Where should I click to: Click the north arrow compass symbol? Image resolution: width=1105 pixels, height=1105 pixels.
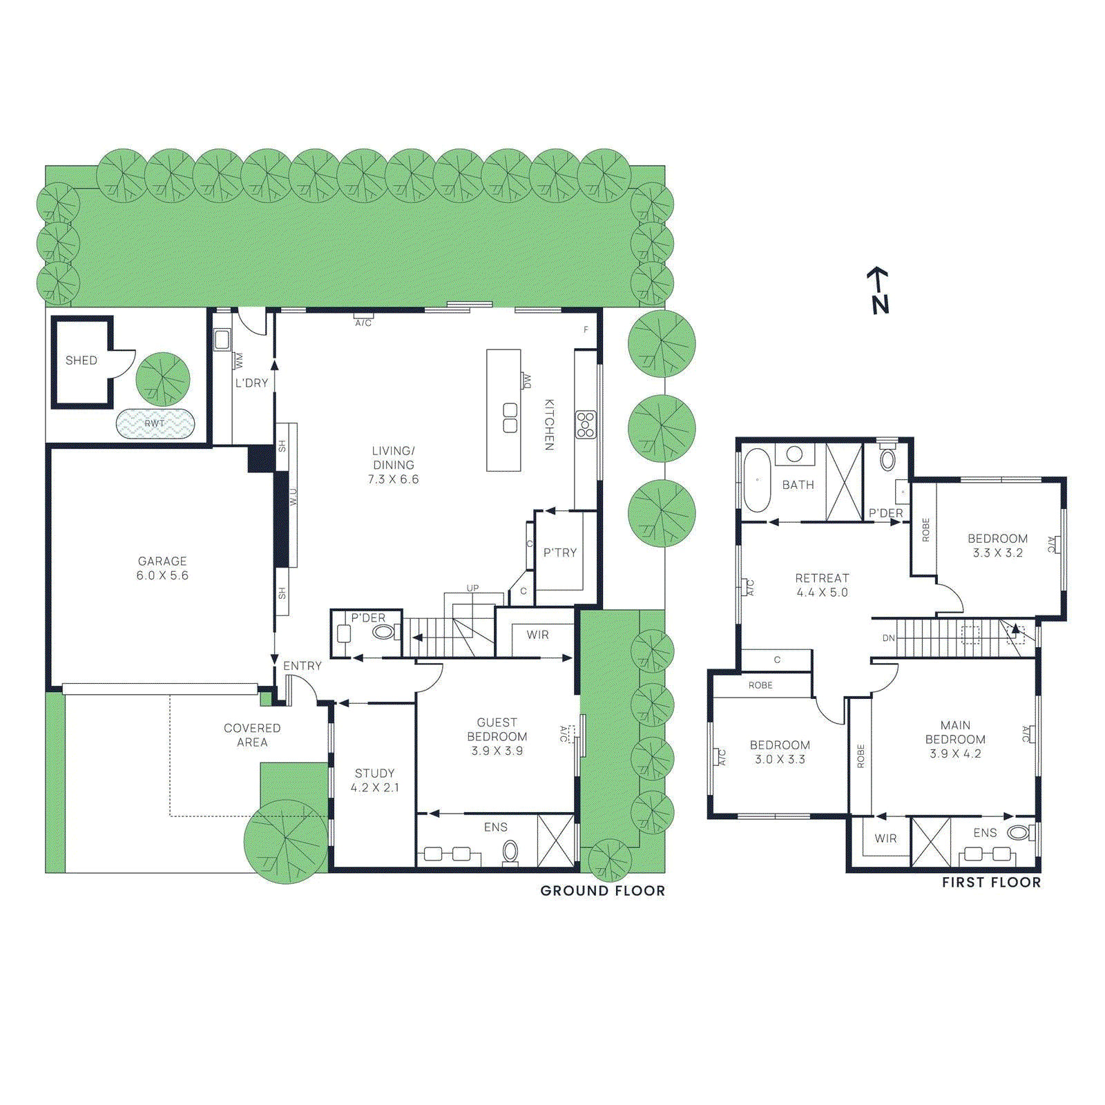tap(878, 291)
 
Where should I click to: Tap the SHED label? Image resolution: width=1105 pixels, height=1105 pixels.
tap(81, 361)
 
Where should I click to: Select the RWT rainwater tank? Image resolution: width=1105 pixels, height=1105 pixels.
tap(155, 423)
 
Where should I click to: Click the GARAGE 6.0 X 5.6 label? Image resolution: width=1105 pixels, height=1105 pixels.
tap(162, 568)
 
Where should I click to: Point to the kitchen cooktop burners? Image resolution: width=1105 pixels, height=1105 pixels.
tap(586, 424)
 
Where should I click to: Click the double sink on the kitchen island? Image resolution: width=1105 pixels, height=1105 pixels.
tap(510, 418)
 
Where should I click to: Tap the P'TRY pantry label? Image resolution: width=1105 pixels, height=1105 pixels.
tap(559, 552)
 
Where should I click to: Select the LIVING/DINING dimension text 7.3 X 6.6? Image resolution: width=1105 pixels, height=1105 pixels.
tap(393, 479)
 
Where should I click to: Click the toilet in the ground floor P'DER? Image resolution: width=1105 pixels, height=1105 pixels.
tap(383, 631)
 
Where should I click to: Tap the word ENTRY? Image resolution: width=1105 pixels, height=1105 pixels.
tap(302, 666)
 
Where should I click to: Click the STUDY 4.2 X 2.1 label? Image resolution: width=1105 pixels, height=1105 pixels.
tap(374, 780)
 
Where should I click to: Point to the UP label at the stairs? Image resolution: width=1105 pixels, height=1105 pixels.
tap(472, 588)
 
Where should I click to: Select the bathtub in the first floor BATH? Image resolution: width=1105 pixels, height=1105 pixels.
tap(757, 480)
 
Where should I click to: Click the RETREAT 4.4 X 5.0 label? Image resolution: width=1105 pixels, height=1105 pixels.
tap(822, 585)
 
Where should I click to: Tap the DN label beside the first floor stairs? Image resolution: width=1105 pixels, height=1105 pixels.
tap(888, 638)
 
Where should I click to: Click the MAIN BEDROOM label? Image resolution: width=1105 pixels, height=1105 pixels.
tap(955, 732)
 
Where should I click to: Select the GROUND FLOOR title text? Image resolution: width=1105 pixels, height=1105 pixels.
tap(602, 891)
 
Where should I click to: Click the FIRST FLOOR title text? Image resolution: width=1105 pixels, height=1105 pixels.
tap(991, 883)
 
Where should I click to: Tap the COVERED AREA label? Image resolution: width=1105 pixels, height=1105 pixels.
tap(252, 735)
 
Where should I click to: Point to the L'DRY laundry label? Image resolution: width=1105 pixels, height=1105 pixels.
tap(251, 383)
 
